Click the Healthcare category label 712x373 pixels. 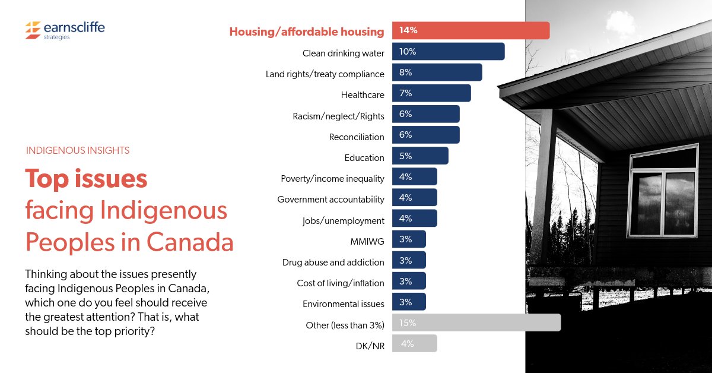click(x=363, y=95)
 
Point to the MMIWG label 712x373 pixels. click(x=367, y=242)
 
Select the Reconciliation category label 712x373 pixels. click(x=357, y=137)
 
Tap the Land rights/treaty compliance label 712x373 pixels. click(x=325, y=74)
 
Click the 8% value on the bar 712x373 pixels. click(x=406, y=72)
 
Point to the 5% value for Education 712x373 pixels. click(x=406, y=156)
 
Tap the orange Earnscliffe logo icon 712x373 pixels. click(x=33, y=29)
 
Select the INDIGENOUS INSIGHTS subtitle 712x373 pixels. click(x=78, y=151)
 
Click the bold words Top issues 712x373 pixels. click(x=86, y=179)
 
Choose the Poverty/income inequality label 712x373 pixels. click(x=332, y=179)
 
